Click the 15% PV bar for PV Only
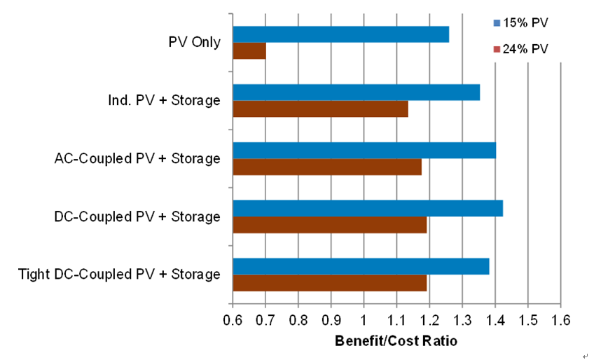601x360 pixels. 340,34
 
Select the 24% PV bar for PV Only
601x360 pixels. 249,51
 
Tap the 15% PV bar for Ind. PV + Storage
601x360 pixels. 356,92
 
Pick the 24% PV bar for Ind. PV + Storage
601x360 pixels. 320,109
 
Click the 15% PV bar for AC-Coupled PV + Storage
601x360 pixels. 364,151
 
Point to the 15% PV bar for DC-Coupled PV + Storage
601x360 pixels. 368,208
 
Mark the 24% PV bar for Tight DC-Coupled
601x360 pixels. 329,282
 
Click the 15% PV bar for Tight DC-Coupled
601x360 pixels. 361,266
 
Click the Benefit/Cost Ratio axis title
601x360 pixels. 396,342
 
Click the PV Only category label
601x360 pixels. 195,42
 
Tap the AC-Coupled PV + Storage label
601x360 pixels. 137,158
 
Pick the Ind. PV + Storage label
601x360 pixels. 159,100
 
